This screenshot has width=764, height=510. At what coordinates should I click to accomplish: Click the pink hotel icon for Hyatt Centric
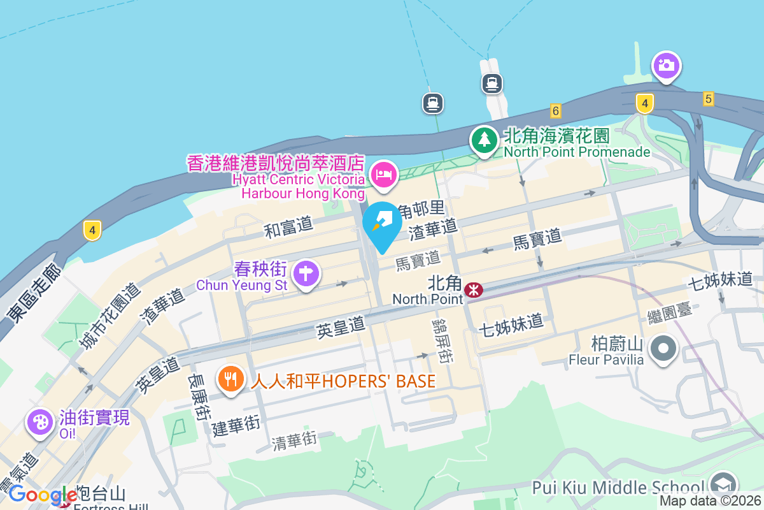383,174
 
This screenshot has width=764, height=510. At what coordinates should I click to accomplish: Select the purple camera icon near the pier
666,65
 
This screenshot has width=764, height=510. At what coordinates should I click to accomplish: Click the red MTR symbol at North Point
473,290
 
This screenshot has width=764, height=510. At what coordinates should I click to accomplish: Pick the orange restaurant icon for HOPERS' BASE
230,379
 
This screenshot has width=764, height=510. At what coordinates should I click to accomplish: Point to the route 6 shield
556,111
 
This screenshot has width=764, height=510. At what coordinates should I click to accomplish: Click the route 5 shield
709,99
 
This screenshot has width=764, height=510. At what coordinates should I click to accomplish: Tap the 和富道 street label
288,226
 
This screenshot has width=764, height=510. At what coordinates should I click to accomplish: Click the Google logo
43,495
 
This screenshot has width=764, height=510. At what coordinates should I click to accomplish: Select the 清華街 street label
294,439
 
